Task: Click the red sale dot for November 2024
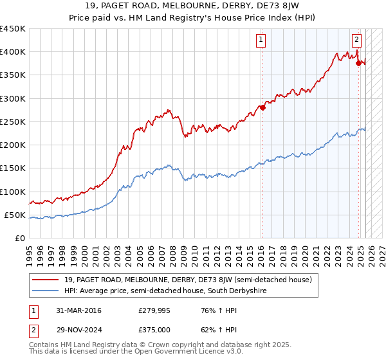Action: [359, 63]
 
